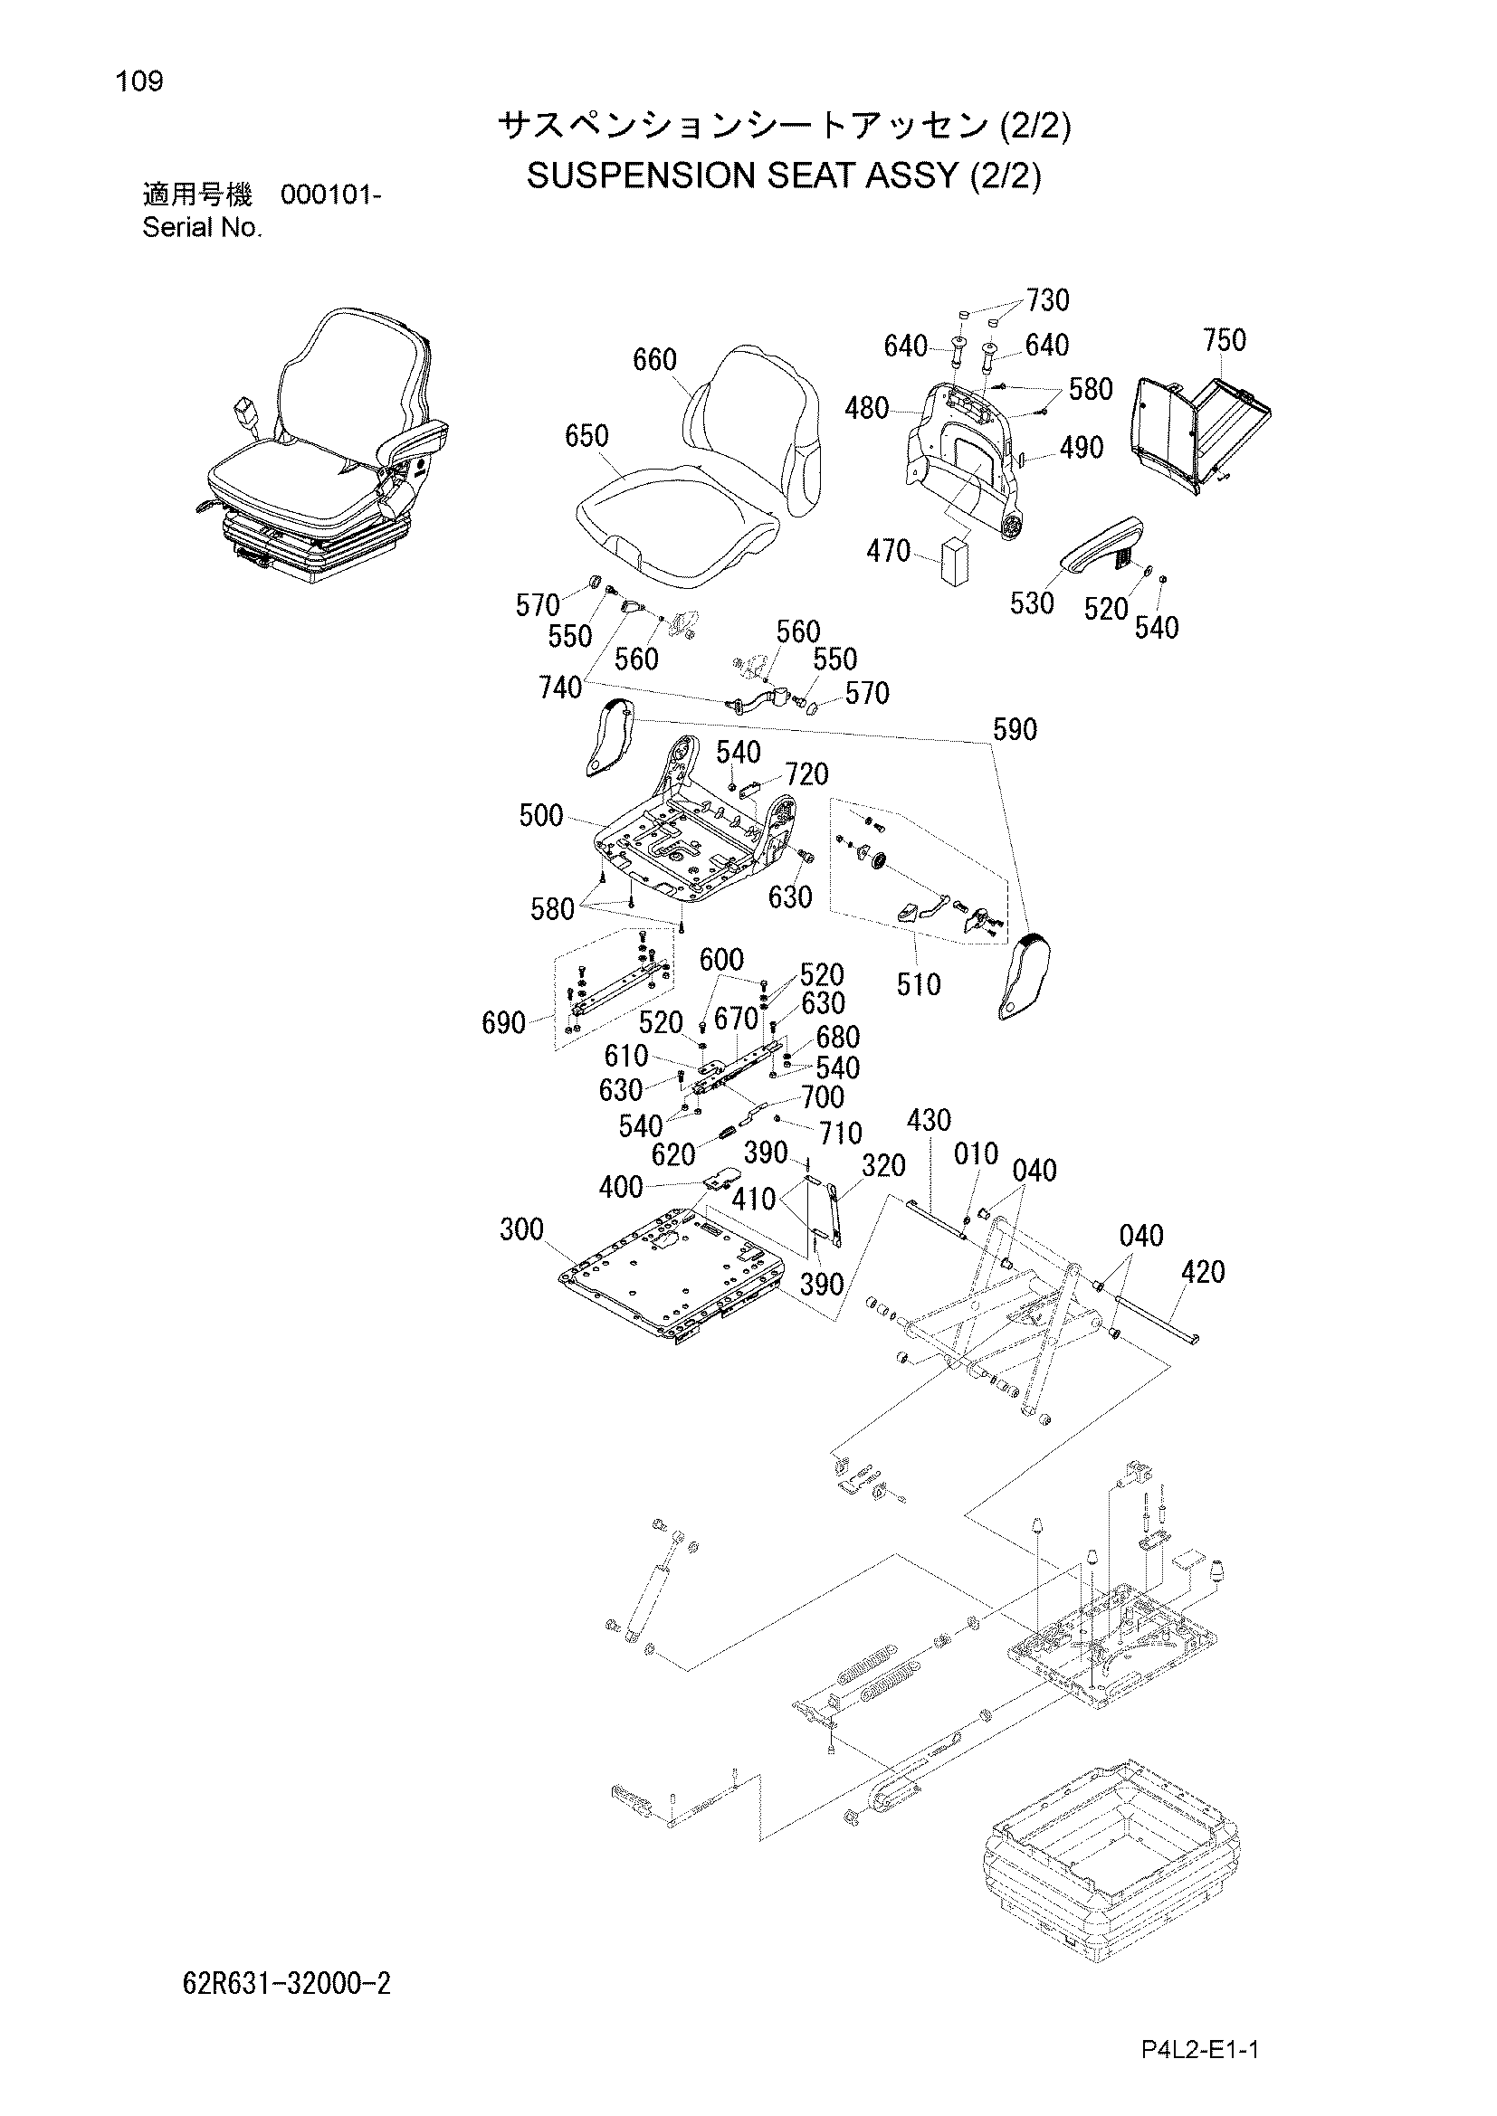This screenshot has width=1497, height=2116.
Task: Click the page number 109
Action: point(139,82)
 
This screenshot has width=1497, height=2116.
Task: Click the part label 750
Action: point(1225,341)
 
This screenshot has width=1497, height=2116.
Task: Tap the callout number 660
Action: point(654,360)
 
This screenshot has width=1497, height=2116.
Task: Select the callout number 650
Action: point(586,436)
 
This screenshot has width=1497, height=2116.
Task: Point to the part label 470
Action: point(889,552)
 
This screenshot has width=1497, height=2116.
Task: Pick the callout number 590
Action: point(1015,730)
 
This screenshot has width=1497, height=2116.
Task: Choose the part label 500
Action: point(541,815)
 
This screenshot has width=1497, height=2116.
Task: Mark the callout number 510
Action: point(919,984)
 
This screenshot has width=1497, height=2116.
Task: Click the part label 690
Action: point(504,1022)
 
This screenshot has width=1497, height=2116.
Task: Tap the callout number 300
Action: point(521,1229)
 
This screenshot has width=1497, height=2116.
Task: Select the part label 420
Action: point(1203,1273)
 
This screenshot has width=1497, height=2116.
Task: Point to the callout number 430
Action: point(929,1121)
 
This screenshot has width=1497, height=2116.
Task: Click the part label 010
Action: point(977,1153)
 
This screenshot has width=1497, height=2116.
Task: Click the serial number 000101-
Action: point(330,195)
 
